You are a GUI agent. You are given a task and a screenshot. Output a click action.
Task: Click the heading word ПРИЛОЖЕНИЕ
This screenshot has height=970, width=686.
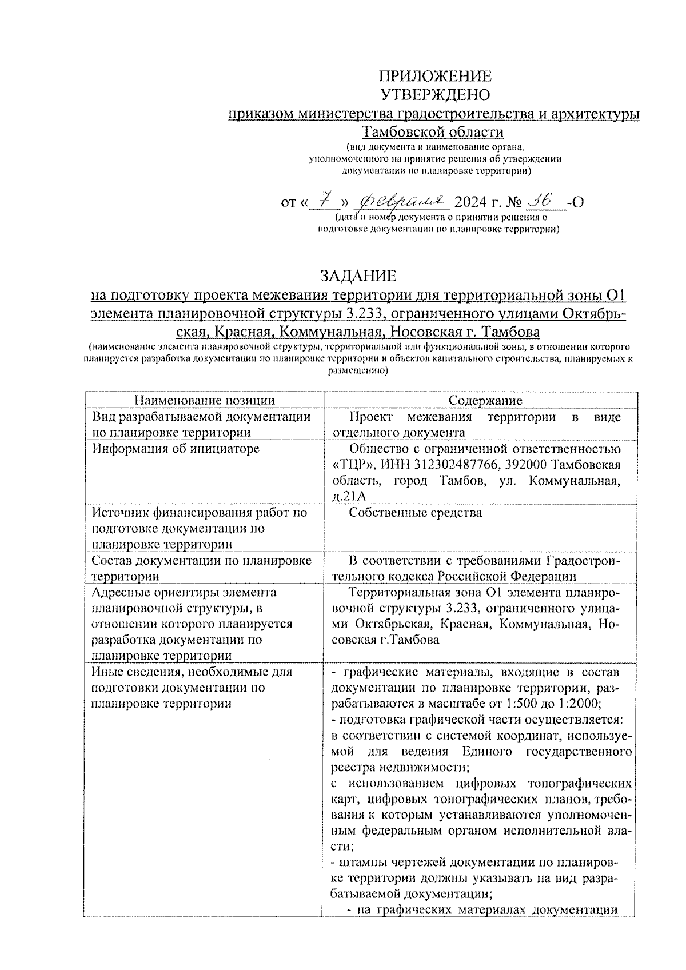[435, 77]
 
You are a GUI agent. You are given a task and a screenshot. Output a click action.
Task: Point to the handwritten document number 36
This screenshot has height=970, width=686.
[540, 200]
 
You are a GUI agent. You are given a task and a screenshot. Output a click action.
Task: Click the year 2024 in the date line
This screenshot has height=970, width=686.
[472, 203]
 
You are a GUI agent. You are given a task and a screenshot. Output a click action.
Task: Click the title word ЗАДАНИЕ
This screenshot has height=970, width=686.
[358, 276]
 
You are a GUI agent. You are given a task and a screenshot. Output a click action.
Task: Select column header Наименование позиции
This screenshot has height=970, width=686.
[204, 401]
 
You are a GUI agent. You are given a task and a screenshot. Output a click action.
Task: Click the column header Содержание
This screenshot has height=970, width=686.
[485, 401]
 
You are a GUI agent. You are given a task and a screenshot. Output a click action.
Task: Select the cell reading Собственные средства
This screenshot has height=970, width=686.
[415, 513]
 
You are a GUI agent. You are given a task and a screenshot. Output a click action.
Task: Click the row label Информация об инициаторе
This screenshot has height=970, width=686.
[176, 449]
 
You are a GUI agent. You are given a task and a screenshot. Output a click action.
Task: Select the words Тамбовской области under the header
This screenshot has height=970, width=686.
[434, 132]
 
